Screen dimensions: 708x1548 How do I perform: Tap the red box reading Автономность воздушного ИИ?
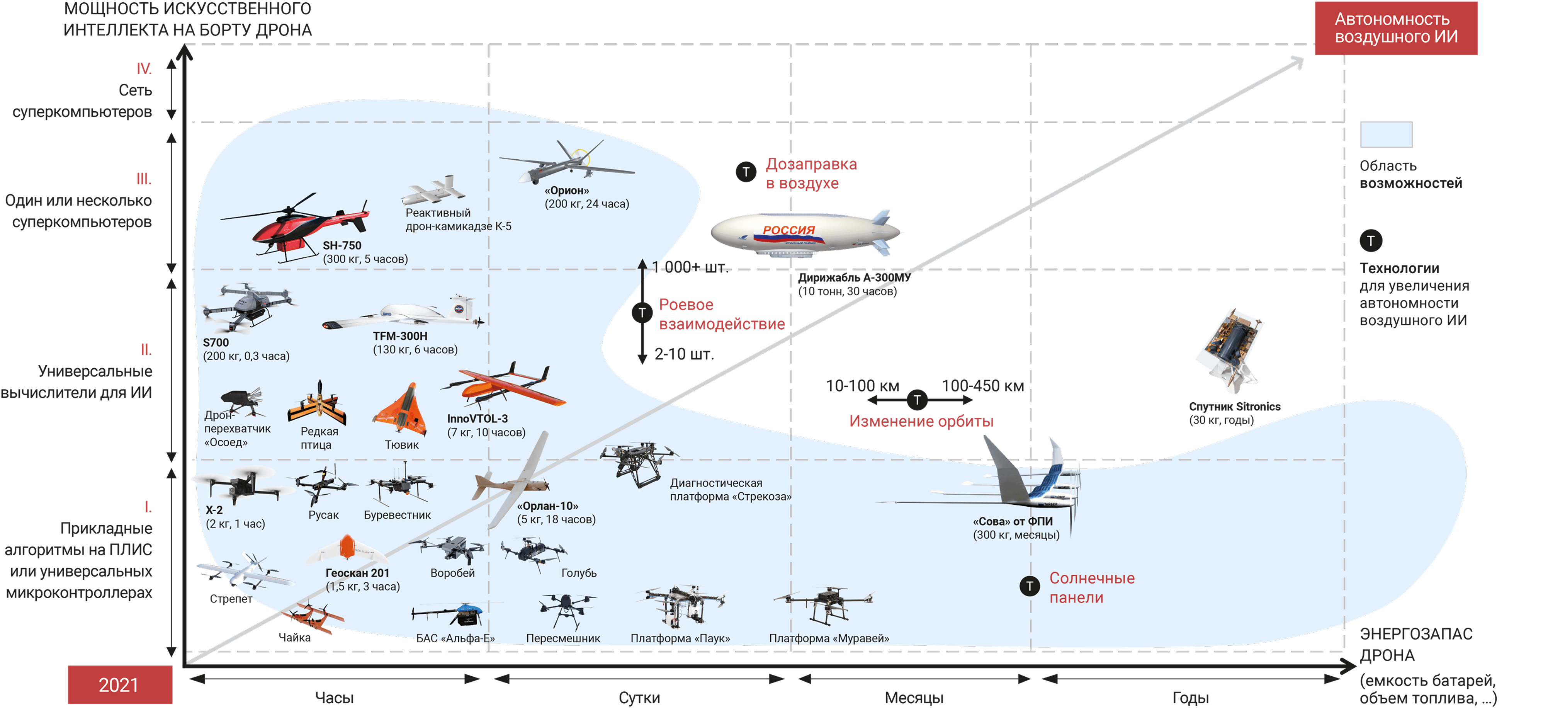[x=1395, y=28]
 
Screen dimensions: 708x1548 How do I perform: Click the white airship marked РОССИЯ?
[x=805, y=233]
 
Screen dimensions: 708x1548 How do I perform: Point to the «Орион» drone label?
[x=567, y=191]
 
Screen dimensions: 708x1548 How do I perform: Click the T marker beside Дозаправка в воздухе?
[x=746, y=172]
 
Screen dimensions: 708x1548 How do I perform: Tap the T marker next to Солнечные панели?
[x=1030, y=586]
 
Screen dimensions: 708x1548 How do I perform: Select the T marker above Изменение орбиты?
[x=917, y=400]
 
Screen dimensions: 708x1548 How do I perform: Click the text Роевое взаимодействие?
[x=721, y=314]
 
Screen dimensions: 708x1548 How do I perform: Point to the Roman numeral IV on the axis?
[x=144, y=68]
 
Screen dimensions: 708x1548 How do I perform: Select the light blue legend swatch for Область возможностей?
[x=1386, y=134]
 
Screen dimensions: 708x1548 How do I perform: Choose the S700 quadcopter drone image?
[x=247, y=306]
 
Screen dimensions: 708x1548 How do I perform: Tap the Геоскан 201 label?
[x=357, y=573]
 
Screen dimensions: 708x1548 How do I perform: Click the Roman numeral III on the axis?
[x=144, y=179]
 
